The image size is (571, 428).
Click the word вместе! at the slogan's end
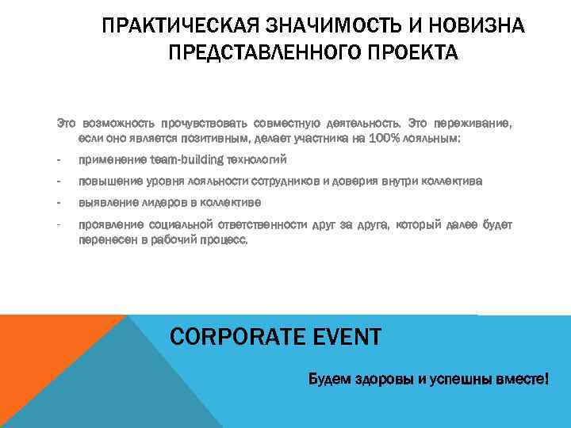521,380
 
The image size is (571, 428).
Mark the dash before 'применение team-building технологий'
59,159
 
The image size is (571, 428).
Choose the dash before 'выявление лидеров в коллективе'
59,203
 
